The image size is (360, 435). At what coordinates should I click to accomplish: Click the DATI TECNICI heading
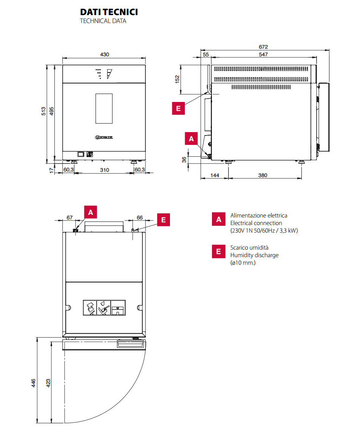coord(109,12)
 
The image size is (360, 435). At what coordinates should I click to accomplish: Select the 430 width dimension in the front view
coord(105,54)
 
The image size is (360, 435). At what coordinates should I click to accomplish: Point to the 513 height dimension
coord(44,111)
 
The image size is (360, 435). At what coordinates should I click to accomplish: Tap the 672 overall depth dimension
coord(263,47)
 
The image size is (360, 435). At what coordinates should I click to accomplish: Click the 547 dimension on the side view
coord(263,54)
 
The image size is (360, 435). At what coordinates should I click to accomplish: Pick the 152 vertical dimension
coord(177,79)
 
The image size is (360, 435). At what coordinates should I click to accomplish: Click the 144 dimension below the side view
coord(215,175)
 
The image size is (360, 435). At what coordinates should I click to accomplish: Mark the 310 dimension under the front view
coord(105,170)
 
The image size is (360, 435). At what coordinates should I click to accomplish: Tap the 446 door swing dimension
coord(34,383)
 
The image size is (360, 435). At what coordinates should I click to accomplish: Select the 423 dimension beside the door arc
coord(48,383)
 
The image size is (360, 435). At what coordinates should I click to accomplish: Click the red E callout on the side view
coord(178,108)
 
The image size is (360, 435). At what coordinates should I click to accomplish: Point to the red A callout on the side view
coord(191,139)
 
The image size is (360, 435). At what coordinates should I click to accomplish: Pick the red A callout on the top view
coord(90,212)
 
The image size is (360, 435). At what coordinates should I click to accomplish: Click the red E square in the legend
coord(218,251)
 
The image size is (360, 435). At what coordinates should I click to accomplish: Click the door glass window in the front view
coord(104,108)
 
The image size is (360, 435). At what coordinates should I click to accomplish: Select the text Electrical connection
coord(256,223)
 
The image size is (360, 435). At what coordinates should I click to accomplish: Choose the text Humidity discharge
coord(254,255)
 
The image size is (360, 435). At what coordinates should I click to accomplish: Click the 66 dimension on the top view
coord(139,217)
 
